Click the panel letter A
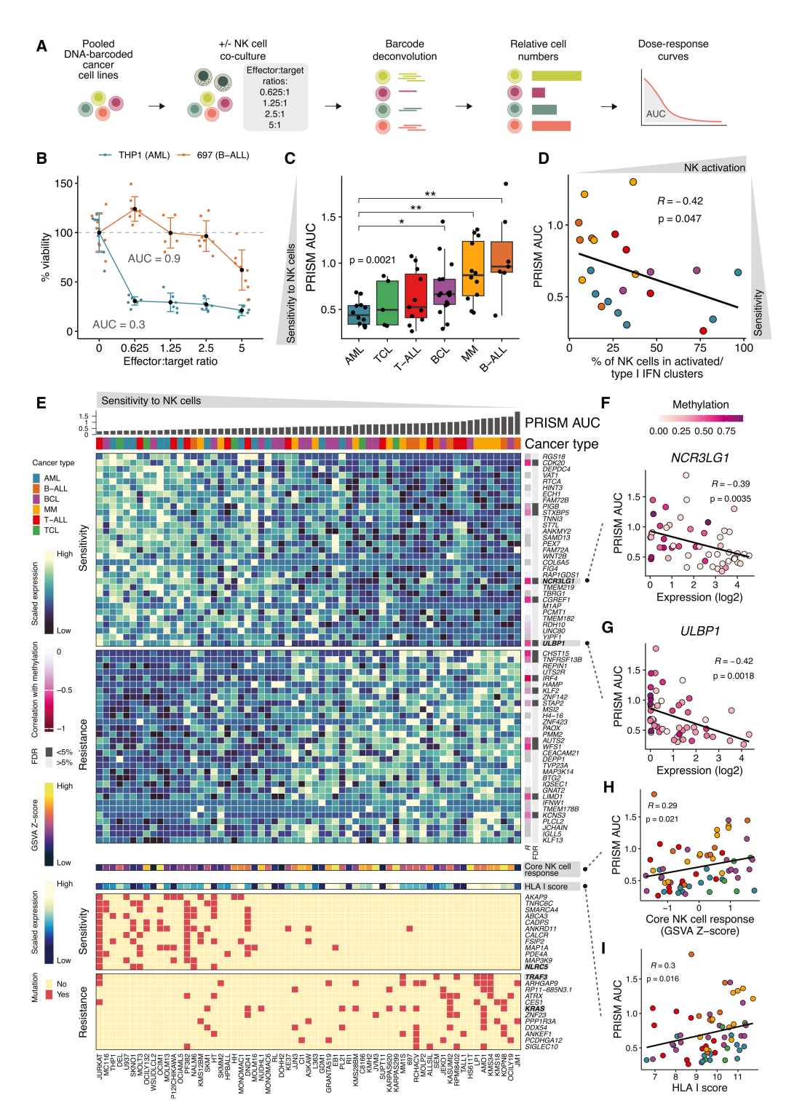[41, 47]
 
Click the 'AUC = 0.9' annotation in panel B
[154, 258]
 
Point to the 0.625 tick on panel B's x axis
[135, 348]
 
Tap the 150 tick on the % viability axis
[64, 183]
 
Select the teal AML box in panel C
[358, 315]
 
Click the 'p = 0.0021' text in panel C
[372, 260]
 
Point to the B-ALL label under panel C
[493, 360]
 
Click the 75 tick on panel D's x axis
[700, 348]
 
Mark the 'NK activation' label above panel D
[714, 167]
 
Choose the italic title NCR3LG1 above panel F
[699, 458]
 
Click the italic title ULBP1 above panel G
[699, 631]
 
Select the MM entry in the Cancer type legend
[50, 510]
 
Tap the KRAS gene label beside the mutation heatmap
[535, 1008]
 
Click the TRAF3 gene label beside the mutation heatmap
[536, 977]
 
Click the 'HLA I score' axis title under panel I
[699, 1088]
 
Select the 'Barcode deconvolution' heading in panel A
[404, 50]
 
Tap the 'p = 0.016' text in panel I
[662, 979]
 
